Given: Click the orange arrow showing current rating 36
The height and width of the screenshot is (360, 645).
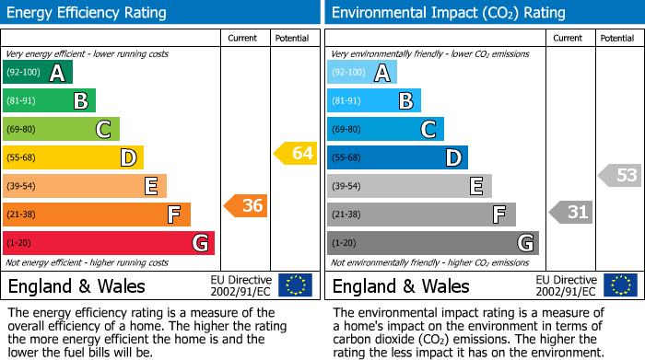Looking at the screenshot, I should pyautogui.click(x=247, y=206).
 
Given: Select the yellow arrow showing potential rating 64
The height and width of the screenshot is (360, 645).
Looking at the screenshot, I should pyautogui.click(x=296, y=154).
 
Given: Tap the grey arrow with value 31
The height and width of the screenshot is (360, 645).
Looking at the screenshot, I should pyautogui.click(x=571, y=213).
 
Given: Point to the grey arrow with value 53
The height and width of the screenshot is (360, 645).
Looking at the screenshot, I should pyautogui.click(x=620, y=175).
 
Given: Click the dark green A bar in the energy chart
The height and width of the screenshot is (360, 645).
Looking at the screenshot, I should pyautogui.click(x=38, y=73).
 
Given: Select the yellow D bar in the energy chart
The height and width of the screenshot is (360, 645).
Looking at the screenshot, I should pyautogui.click(x=73, y=157).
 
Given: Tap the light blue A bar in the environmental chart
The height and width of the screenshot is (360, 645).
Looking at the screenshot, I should pyautogui.click(x=362, y=73).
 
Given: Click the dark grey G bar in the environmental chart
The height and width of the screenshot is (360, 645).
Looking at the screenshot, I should pyautogui.click(x=432, y=243).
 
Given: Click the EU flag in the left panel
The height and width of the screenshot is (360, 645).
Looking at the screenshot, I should pyautogui.click(x=295, y=285).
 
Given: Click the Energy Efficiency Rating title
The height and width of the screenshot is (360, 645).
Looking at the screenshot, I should pyautogui.click(x=88, y=13).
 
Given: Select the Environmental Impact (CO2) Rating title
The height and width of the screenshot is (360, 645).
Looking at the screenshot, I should pyautogui.click(x=448, y=13).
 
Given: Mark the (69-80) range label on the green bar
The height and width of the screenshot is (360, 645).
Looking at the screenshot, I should pyautogui.click(x=21, y=130).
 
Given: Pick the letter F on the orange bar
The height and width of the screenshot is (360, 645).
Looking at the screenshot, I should pyautogui.click(x=173, y=215).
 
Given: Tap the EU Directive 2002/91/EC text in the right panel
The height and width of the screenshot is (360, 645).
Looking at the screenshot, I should pyautogui.click(x=566, y=285).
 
